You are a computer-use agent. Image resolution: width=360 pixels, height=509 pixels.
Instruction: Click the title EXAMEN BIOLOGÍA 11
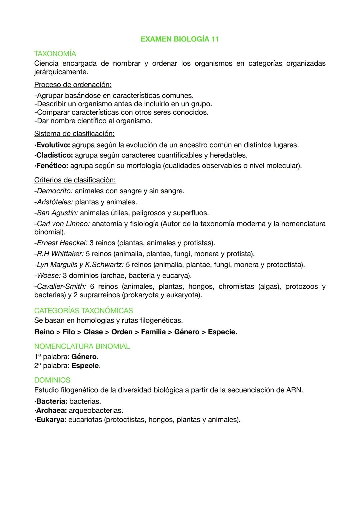click(x=180, y=39)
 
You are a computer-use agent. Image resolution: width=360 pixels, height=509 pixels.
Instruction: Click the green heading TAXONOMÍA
click(x=55, y=54)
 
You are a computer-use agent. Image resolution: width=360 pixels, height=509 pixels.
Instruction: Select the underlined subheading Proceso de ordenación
click(x=73, y=85)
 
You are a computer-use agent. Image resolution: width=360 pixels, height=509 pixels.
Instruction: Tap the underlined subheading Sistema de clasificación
click(x=74, y=134)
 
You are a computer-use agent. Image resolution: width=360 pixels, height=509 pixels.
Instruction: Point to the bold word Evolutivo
click(x=53, y=145)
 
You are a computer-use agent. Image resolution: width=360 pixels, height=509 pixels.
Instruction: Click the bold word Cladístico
click(x=55, y=155)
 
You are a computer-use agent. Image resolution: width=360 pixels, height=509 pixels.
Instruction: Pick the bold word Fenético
click(x=52, y=166)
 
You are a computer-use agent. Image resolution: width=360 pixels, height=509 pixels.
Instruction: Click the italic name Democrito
click(x=55, y=191)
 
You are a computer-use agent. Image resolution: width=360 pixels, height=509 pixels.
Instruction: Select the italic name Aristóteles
click(x=55, y=202)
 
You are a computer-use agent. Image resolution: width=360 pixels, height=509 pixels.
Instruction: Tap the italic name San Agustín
click(x=57, y=213)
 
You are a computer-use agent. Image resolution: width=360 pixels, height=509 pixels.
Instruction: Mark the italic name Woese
click(x=49, y=276)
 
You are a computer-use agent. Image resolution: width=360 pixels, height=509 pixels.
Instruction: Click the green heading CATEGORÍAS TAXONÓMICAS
click(x=84, y=311)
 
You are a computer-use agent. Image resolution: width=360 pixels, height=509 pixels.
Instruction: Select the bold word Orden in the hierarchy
click(x=122, y=332)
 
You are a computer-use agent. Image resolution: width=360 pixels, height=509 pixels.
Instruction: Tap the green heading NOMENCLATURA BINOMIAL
click(x=82, y=346)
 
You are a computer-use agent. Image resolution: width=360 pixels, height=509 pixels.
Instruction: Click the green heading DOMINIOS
click(x=52, y=380)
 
